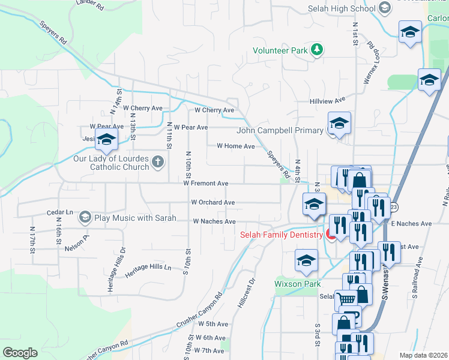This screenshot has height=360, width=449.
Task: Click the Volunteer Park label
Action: click(x=280, y=51)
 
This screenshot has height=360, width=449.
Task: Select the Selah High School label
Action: click(x=341, y=8)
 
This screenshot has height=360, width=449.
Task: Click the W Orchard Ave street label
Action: click(x=212, y=203)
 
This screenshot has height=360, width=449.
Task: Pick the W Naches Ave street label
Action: click(x=214, y=221)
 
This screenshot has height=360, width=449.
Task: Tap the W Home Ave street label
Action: click(x=235, y=146)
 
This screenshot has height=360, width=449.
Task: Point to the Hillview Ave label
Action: click(x=327, y=100)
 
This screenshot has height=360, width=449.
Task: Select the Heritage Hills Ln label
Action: click(x=148, y=271)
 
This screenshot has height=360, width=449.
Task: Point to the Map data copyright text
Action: click(x=423, y=355)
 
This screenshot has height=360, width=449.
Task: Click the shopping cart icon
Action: click(x=346, y=298)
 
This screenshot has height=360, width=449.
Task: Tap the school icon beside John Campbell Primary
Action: click(x=339, y=124)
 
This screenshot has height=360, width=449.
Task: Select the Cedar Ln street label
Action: click(x=60, y=213)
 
